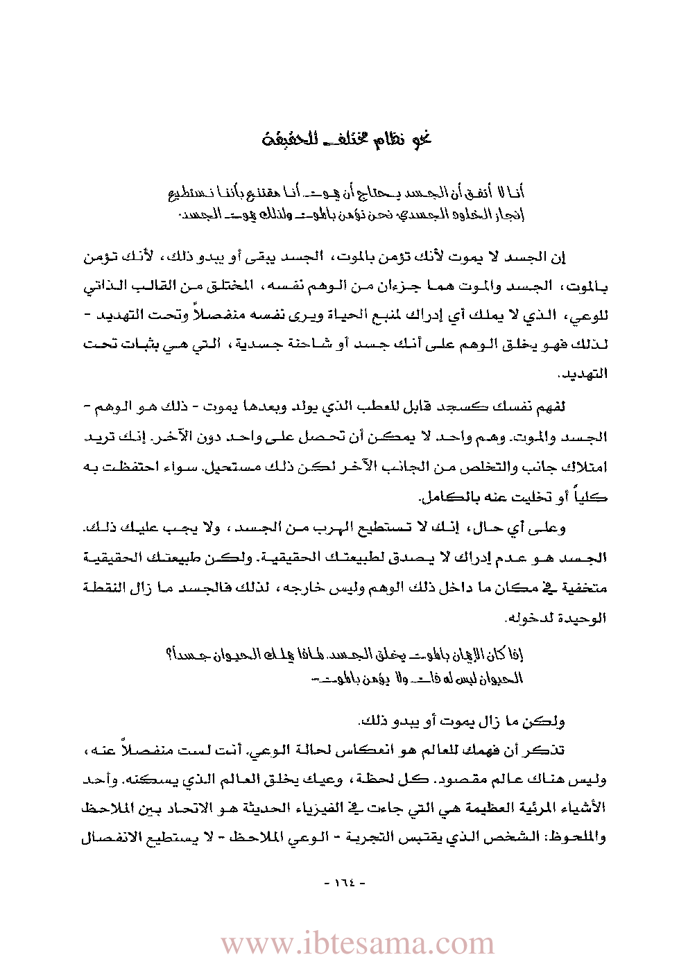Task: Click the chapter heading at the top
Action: [347, 138]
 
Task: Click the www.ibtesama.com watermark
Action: [357, 944]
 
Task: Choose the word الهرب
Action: [319, 528]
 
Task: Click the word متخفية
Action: [583, 587]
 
